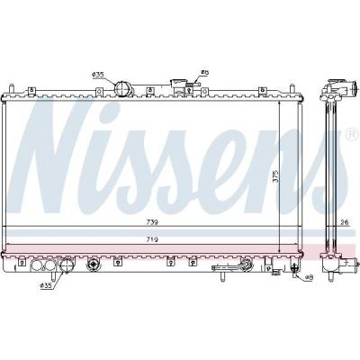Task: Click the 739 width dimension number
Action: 152,222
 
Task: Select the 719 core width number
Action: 152,239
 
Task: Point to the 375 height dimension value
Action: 275,177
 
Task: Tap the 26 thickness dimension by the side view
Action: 345,222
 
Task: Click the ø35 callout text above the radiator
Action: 98,75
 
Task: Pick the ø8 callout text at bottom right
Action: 309,277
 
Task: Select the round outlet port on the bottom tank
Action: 66,265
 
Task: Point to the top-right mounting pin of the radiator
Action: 292,89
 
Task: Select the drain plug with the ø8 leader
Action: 294,267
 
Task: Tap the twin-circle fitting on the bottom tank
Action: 42,265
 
